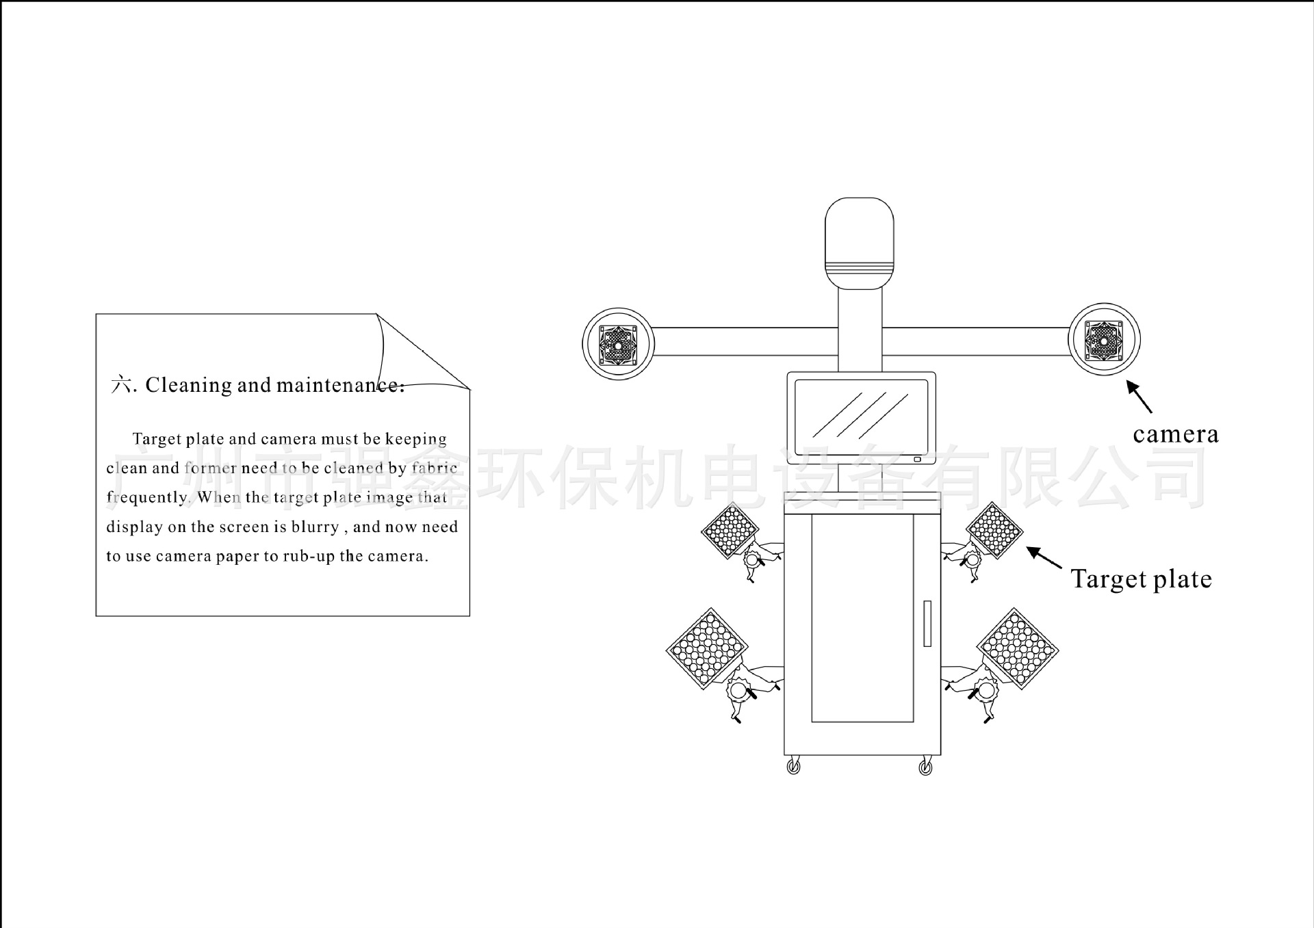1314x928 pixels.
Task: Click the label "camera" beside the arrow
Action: (x=1175, y=435)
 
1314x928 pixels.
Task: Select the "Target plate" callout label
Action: (x=1141, y=580)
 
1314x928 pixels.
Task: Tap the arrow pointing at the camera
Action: (x=1139, y=397)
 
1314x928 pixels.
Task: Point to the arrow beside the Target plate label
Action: (x=1044, y=557)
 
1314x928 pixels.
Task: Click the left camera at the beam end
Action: (x=618, y=342)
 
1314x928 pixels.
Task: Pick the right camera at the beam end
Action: (x=1104, y=339)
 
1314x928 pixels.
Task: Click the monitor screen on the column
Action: (x=861, y=416)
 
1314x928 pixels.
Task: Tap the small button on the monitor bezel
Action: (x=917, y=460)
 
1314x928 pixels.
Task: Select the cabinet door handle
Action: (x=927, y=624)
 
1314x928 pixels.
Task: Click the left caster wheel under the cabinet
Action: (x=793, y=767)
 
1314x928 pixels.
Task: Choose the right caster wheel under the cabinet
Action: (x=925, y=767)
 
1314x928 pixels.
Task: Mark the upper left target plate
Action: (x=730, y=530)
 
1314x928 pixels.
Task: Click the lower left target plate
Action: (x=707, y=647)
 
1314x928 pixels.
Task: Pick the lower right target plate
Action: (x=1018, y=648)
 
